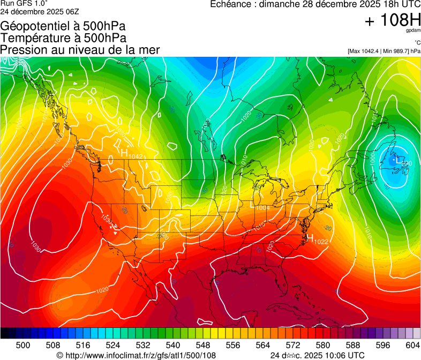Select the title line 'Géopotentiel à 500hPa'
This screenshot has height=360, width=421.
(x=63, y=26)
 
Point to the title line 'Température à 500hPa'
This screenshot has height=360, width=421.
(x=63, y=38)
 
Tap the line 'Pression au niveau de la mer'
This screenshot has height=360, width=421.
(x=80, y=50)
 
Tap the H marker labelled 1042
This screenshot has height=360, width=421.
(x=124, y=153)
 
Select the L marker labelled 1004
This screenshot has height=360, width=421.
(x=254, y=203)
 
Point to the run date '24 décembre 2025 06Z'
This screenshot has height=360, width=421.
(x=41, y=11)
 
